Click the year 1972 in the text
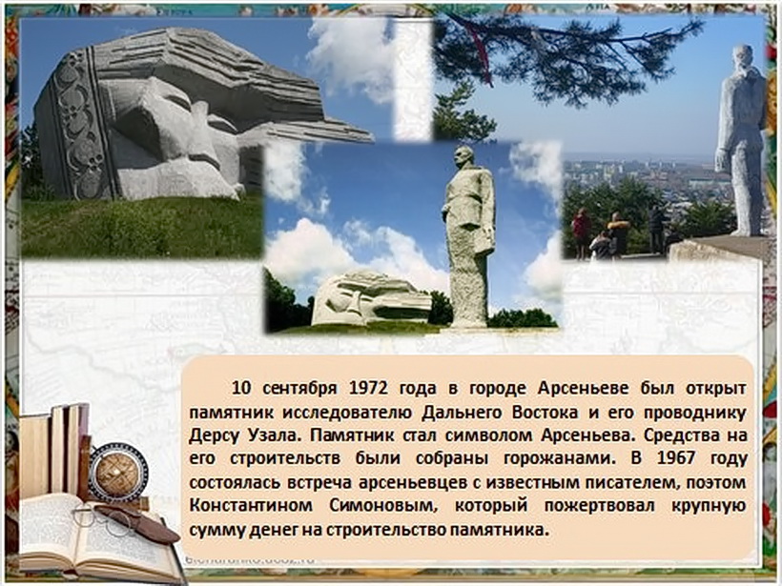pos(368,387)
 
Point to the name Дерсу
pos(215,435)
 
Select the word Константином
pos(251,505)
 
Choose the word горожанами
pos(558,458)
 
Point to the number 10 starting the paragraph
pos(241,387)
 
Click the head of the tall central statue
pos(464,158)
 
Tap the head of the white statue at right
pos(747,58)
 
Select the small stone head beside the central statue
pos(371,298)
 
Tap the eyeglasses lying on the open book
pos(102,518)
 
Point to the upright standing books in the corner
pos(55,451)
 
